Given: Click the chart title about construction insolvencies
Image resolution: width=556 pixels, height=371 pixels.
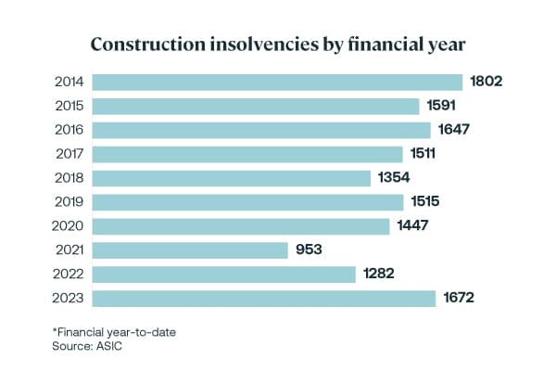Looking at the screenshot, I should [x=278, y=44].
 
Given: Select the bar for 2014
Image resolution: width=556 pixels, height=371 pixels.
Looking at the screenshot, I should [x=278, y=82].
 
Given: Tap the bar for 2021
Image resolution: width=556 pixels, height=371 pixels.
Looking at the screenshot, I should [x=192, y=250].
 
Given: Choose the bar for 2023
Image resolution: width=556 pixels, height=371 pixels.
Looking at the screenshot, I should [x=264, y=299].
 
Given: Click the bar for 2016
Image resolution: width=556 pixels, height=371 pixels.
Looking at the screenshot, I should [x=262, y=130].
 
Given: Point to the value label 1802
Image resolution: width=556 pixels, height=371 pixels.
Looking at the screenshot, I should [x=486, y=82].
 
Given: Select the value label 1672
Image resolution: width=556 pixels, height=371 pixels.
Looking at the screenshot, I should [x=459, y=299].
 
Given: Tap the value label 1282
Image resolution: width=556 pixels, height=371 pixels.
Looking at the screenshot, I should [x=380, y=275].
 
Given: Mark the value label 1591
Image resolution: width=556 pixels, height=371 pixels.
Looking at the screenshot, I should [x=443, y=106].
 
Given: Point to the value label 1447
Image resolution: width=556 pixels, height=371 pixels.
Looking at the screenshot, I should [x=413, y=226].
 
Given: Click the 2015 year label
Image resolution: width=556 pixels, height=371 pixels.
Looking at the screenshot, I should [x=69, y=106].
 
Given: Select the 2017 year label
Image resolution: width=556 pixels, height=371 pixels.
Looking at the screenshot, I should [x=69, y=154].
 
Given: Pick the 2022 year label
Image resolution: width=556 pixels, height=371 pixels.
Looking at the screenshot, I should [x=69, y=275].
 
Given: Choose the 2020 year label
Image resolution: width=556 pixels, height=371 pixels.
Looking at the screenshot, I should [x=69, y=226].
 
